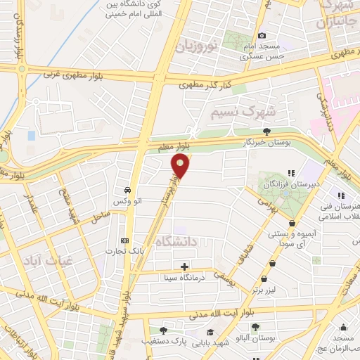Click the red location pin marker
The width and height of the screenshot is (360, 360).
[x=181, y=166]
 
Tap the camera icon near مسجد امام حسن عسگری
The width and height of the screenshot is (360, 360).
[x=262, y=36]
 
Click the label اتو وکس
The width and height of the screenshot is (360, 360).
[x=128, y=201]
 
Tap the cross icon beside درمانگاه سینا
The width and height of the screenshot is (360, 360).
[x=184, y=266]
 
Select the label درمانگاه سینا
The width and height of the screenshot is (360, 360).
[x=185, y=277]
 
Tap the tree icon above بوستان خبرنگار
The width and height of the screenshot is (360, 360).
[x=266, y=131]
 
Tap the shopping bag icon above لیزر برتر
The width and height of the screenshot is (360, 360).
[x=272, y=263]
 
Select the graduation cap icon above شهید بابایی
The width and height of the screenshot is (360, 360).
[x=210, y=331]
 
